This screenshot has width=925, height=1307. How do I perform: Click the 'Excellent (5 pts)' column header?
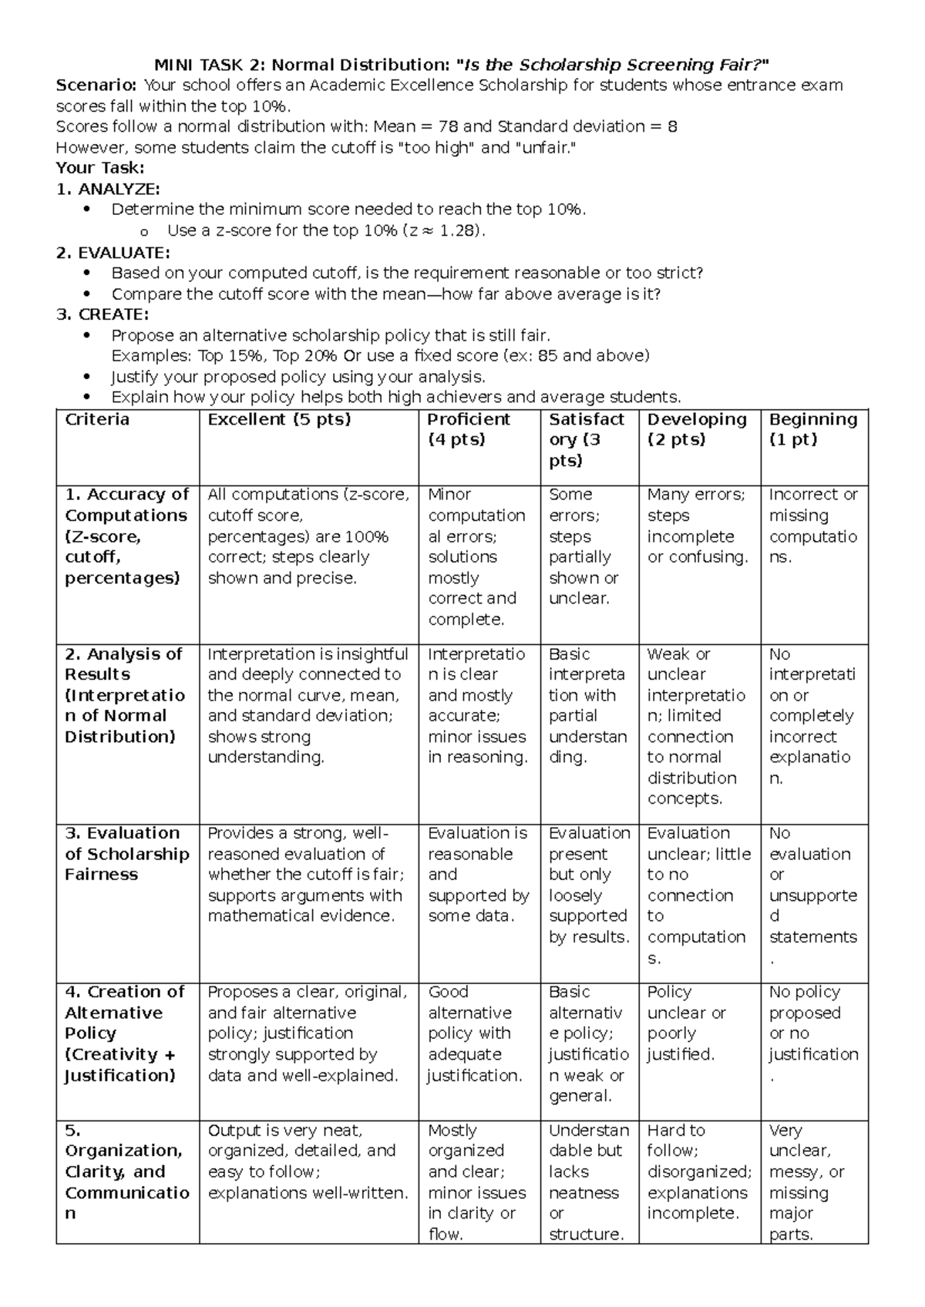click(x=279, y=419)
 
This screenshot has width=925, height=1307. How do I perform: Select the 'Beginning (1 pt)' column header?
click(x=812, y=429)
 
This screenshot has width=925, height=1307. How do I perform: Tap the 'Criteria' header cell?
click(x=97, y=419)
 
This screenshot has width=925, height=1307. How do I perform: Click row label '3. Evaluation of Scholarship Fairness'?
click(x=126, y=854)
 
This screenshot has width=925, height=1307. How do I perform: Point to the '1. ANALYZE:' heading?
click(x=109, y=189)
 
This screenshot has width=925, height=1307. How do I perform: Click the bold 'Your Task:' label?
click(x=100, y=168)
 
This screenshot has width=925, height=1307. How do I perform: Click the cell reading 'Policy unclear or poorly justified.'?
click(x=686, y=1023)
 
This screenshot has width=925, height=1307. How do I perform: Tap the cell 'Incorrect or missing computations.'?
click(x=812, y=526)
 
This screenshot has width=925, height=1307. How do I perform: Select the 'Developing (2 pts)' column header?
click(x=697, y=429)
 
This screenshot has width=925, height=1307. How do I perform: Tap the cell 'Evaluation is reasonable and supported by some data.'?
click(x=478, y=875)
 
